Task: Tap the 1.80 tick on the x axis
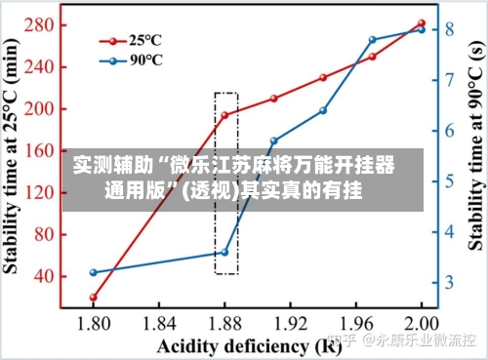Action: pyautogui.click(x=94, y=324)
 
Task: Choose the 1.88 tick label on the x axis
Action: pyautogui.click(x=224, y=324)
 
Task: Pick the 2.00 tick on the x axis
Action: pyautogui.click(x=421, y=324)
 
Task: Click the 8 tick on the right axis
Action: pyautogui.click(x=450, y=29)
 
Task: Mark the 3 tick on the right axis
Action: pyautogui.click(x=450, y=283)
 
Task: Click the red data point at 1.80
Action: pyautogui.click(x=94, y=297)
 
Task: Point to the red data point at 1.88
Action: pyautogui.click(x=224, y=115)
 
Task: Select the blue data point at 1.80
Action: pyautogui.click(x=94, y=272)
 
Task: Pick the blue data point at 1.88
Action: pyautogui.click(x=224, y=252)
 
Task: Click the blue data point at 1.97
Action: pyautogui.click(x=372, y=40)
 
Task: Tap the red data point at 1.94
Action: pyautogui.click(x=323, y=77)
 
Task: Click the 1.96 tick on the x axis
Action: pyautogui.click(x=355, y=324)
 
